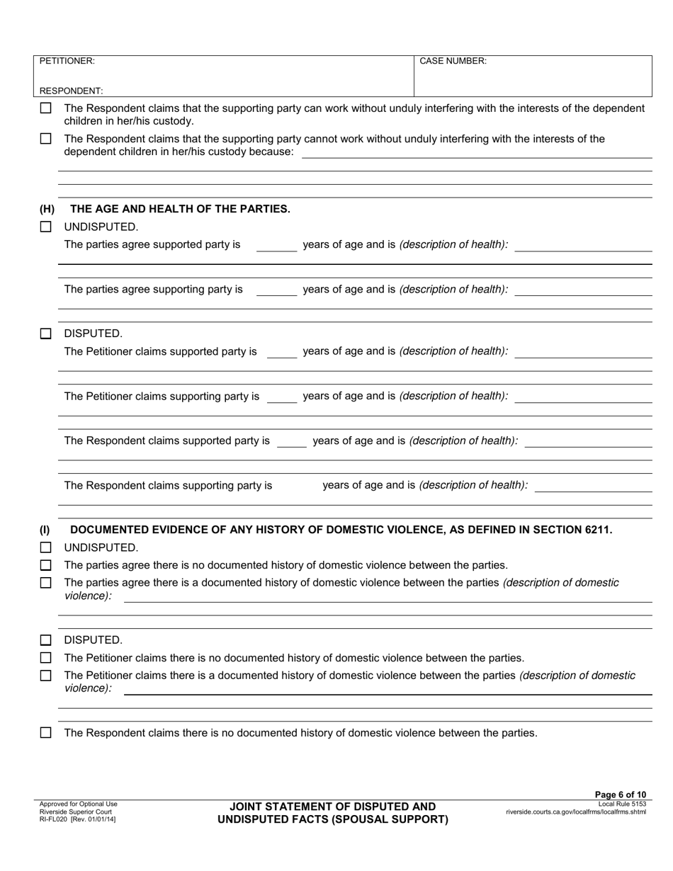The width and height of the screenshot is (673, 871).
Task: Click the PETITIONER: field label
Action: coord(67,62)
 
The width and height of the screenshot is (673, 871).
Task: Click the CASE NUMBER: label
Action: coord(453,62)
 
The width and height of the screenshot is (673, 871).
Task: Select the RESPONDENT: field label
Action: coord(71,91)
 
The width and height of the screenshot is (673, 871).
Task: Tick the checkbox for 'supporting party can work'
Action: coord(46,108)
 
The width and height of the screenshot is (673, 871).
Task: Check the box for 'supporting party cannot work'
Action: coord(46,139)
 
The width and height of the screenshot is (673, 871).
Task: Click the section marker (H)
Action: coord(47,209)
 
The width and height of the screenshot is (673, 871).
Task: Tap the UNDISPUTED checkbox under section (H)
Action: coord(46,227)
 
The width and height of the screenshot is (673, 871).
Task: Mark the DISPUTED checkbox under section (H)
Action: coord(46,334)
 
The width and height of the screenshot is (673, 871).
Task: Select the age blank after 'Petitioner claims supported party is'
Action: coord(281,352)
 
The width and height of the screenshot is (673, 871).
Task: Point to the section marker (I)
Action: coord(45,530)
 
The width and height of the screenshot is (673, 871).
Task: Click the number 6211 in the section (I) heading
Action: coord(596,530)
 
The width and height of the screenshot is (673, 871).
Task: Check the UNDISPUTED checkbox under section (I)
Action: coord(46,547)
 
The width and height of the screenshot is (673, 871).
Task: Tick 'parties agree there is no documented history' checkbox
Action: coord(46,565)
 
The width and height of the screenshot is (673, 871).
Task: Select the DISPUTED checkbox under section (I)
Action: coord(46,640)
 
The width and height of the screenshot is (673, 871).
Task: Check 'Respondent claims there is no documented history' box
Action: coord(46,733)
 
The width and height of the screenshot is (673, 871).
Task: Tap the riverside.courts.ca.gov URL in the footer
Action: coord(575,812)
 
